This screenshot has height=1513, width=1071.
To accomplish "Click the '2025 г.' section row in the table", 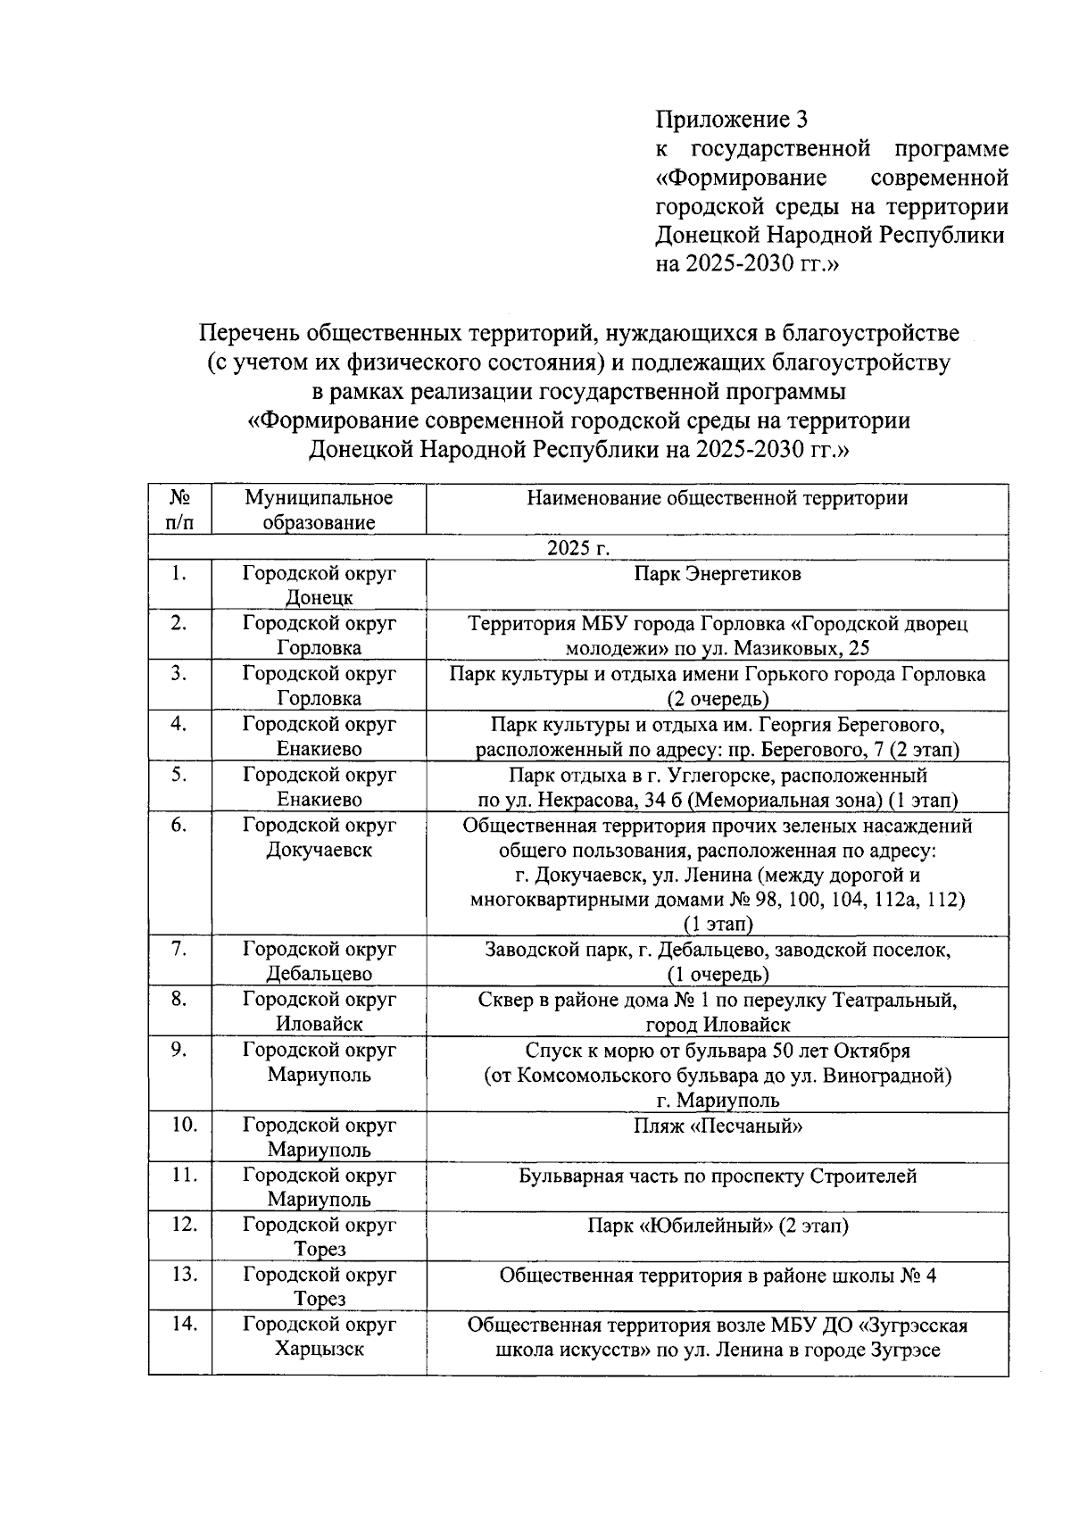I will click(x=577, y=547).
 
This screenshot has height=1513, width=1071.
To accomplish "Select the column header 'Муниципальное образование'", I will click(x=319, y=510).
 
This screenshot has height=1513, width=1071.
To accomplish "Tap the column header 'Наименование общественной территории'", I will click(x=717, y=498).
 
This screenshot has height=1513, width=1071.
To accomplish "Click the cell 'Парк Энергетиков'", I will click(x=717, y=574).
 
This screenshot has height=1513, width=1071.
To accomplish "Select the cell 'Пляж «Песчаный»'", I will click(x=717, y=1126).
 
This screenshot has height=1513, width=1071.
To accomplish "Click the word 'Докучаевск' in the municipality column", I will click(x=319, y=850).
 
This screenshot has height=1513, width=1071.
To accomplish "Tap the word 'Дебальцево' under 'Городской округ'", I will click(x=319, y=974).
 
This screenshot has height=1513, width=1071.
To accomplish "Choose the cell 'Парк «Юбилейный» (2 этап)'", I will click(x=717, y=1226).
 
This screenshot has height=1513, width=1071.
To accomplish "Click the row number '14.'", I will click(x=184, y=1324).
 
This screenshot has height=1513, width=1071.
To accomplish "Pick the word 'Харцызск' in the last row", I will click(x=319, y=1349).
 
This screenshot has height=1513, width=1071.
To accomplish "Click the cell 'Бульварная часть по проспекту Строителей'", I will click(x=717, y=1176).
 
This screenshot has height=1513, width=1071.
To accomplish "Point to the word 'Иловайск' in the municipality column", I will click(x=319, y=1024).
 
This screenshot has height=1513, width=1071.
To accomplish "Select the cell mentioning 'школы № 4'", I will click(x=717, y=1276).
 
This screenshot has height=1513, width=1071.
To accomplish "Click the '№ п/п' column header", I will click(x=179, y=510).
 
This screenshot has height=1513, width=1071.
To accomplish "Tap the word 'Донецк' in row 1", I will click(x=319, y=597).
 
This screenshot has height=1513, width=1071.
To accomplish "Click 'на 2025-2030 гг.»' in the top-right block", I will click(x=748, y=264).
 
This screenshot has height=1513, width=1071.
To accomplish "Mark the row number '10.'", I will click(x=184, y=1125).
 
